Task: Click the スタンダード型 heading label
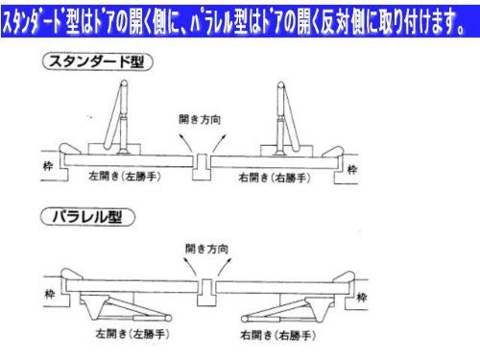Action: tap(104, 62)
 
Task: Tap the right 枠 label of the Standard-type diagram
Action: tap(353, 170)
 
